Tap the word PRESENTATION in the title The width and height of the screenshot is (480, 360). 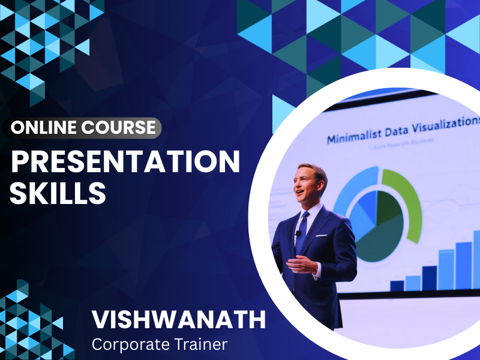click(x=125, y=162)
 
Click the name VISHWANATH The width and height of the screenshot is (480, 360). click(x=179, y=320)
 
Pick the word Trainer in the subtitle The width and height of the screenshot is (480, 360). click(x=203, y=344)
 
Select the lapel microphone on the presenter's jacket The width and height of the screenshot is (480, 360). click(x=298, y=233)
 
